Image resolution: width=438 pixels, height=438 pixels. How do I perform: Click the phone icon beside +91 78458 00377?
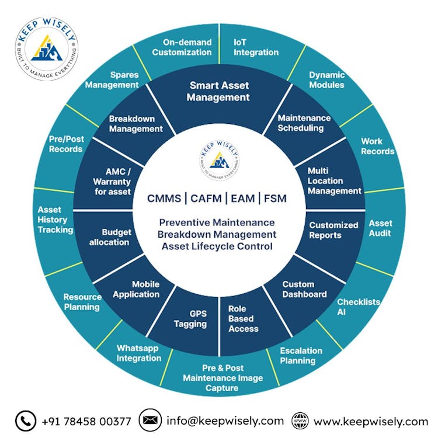pyautogui.click(x=26, y=420)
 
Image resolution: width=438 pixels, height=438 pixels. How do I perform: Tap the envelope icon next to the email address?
pyautogui.click(x=150, y=420)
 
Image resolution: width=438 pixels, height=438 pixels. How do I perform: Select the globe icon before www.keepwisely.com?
pyautogui.click(x=300, y=420)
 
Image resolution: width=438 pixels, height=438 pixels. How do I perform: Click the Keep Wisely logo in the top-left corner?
pyautogui.click(x=47, y=47)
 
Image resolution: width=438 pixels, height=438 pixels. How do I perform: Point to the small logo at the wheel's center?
pyautogui.click(x=218, y=161)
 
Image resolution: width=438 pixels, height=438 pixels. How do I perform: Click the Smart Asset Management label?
pyautogui.click(x=219, y=92)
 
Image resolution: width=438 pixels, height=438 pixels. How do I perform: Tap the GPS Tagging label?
pyautogui.click(x=190, y=319)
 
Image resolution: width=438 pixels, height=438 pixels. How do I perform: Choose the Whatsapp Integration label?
pyautogui.click(x=138, y=353)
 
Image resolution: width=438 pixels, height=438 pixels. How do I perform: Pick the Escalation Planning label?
pyautogui.click(x=301, y=356)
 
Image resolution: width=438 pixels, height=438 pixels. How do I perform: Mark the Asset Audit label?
pyautogui.click(x=381, y=228)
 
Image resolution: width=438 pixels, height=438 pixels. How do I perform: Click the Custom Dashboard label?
pyautogui.click(x=304, y=290)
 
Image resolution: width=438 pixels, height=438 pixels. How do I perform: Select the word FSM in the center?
pyautogui.click(x=275, y=199)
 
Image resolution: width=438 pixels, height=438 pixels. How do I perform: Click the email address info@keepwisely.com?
pyautogui.click(x=225, y=420)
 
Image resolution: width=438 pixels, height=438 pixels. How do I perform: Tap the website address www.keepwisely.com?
pyautogui.click(x=371, y=421)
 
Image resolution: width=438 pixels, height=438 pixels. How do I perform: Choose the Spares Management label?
pyautogui.click(x=112, y=80)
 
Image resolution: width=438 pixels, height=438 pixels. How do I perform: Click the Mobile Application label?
pyautogui.click(x=136, y=290)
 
